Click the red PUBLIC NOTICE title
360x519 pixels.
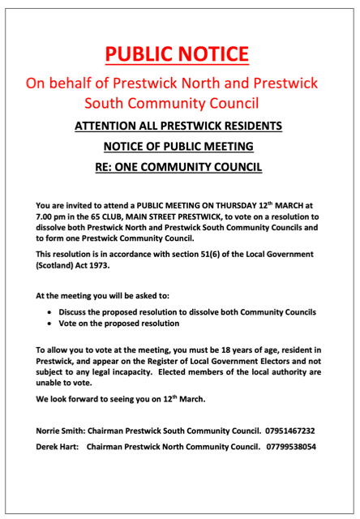coord(179,54)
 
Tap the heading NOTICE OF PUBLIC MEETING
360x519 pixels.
coord(179,147)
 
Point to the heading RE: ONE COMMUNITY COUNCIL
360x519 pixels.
coord(179,168)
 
